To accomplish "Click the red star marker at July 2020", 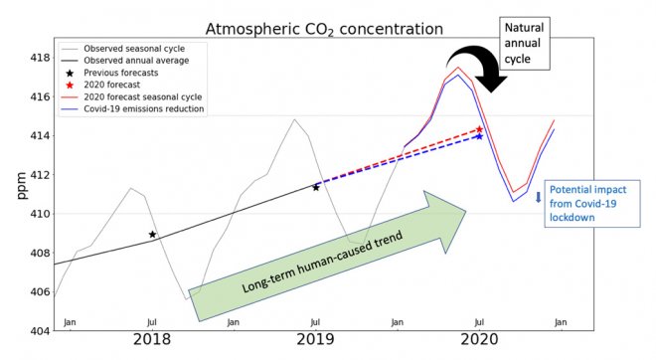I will pyautogui.click(x=479, y=129).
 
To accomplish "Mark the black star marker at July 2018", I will pyautogui.click(x=152, y=235).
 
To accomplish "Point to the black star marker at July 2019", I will pyautogui.click(x=316, y=187).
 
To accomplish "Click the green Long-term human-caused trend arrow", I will pyautogui.click(x=328, y=258).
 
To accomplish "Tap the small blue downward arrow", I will pyautogui.click(x=538, y=197).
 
